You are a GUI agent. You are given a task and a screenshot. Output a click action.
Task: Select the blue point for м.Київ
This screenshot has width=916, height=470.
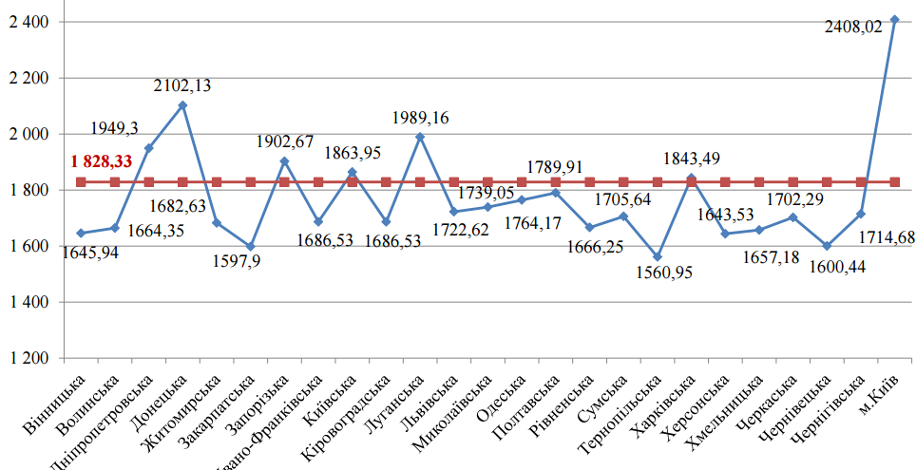pyautogui.click(x=894, y=19)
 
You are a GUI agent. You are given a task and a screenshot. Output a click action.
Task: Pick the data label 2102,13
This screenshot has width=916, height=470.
pyautogui.click(x=182, y=85)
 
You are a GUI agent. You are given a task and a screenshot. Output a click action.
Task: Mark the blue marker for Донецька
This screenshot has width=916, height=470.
pyautogui.click(x=182, y=105)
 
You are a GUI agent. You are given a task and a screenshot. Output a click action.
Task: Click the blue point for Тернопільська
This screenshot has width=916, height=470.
pyautogui.click(x=658, y=257)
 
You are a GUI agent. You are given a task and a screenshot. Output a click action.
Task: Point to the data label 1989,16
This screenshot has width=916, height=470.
pyautogui.click(x=420, y=118)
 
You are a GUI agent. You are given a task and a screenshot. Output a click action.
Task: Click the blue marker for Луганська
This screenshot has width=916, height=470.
pyautogui.click(x=420, y=137)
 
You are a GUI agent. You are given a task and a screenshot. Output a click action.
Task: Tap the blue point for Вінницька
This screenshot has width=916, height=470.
pyautogui.click(x=81, y=234)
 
